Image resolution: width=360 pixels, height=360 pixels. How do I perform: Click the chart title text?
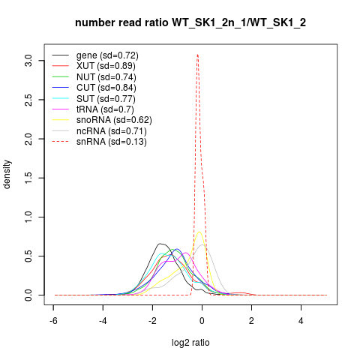tap(190, 23)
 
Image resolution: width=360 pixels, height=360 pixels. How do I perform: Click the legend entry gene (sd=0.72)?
tap(107, 55)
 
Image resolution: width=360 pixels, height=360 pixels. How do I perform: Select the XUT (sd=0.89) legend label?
tap(106, 66)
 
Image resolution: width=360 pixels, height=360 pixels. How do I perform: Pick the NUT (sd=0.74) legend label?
tap(106, 77)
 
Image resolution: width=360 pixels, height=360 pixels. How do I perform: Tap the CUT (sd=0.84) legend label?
tap(106, 88)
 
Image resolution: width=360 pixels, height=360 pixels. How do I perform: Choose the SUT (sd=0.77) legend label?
tap(106, 99)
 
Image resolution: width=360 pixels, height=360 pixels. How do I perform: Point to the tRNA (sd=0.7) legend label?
tap(105, 109)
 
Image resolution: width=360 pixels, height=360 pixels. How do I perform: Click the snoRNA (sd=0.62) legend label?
tap(114, 120)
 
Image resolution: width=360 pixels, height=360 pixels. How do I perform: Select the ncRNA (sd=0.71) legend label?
tap(112, 131)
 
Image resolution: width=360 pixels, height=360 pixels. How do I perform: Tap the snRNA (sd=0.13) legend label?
tap(112, 142)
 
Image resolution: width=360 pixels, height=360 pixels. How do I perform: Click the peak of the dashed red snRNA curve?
tap(197, 54)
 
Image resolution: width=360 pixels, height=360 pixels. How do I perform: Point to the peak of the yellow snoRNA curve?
tap(199, 232)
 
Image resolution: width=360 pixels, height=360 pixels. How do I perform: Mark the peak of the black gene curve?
tap(160, 244)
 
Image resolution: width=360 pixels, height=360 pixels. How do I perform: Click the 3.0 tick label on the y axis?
tap(28, 61)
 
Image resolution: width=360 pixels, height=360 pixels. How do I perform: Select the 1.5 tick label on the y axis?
tap(28, 178)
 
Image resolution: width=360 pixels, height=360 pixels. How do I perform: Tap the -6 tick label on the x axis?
tap(53, 321)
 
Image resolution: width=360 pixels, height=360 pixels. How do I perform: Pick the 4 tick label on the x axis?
tap(301, 321)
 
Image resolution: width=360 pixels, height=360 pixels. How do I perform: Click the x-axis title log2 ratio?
tap(190, 343)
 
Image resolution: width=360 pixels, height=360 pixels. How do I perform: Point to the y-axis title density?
tap(7, 175)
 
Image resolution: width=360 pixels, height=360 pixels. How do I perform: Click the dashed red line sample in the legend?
tap(61, 142)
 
